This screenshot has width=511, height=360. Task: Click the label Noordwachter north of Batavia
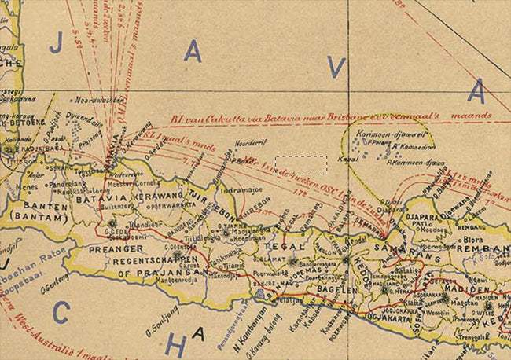click(x=99, y=101)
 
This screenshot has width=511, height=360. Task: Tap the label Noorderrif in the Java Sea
click(x=252, y=144)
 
